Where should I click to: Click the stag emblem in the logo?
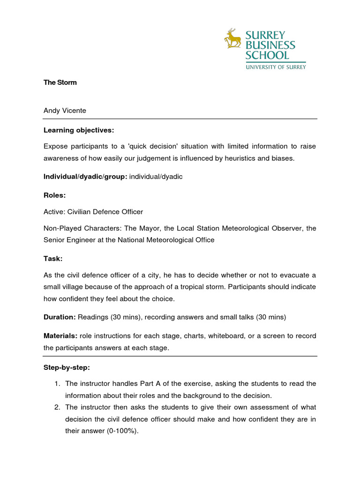click(x=232, y=38)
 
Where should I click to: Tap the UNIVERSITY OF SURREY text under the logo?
click(x=276, y=67)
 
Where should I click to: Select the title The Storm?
click(x=60, y=82)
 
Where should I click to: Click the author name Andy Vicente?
click(x=65, y=111)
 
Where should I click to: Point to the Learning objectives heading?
click(x=79, y=130)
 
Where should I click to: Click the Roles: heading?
click(x=54, y=195)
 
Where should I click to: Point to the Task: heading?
click(x=53, y=258)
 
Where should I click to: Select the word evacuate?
click(x=293, y=275)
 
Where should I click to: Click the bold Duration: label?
click(x=60, y=317)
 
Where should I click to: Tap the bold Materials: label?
click(x=60, y=336)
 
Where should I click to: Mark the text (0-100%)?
click(x=121, y=431)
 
